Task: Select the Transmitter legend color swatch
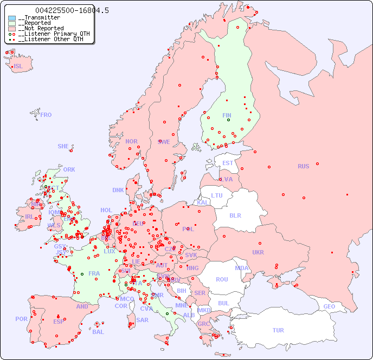(x=12, y=18)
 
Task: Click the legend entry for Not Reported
(x=40, y=29)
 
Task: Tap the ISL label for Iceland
(x=18, y=67)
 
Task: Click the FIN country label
(x=227, y=115)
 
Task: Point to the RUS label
(x=303, y=166)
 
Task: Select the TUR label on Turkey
(x=278, y=330)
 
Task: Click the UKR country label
(x=258, y=252)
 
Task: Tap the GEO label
(x=329, y=306)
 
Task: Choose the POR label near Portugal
(x=21, y=319)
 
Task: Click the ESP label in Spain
(x=59, y=321)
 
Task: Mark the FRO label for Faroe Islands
(x=46, y=115)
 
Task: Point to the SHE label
(x=63, y=146)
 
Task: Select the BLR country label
(x=235, y=215)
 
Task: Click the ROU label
(x=222, y=279)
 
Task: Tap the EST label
(x=228, y=163)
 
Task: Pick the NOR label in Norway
(x=131, y=141)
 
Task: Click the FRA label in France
(x=94, y=273)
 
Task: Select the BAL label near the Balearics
(x=98, y=332)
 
